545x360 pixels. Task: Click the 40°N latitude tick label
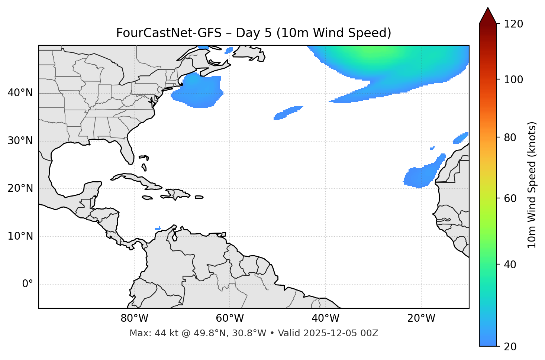(x=20, y=93)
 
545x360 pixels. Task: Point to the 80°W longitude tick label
(x=134, y=318)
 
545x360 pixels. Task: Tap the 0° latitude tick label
(x=28, y=284)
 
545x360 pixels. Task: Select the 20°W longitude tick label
(x=421, y=318)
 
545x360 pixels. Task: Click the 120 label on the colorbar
(x=514, y=24)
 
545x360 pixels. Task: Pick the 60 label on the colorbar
(x=510, y=198)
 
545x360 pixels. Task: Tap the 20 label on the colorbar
(x=510, y=347)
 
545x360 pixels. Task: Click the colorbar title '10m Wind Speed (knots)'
(x=532, y=185)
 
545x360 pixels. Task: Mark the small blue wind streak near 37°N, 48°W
(x=288, y=112)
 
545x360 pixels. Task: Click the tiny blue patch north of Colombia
(x=158, y=228)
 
